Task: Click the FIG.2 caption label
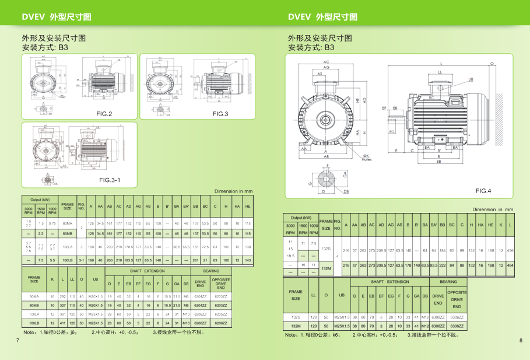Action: tap(104, 113)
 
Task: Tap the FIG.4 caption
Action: tap(483, 191)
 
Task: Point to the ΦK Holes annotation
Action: tap(366, 157)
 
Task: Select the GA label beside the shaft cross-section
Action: tap(345, 174)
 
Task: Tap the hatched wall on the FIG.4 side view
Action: tap(499, 104)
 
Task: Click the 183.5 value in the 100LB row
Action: tap(129, 260)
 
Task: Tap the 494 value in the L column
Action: tap(510, 265)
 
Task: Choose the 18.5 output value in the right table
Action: tap(290, 256)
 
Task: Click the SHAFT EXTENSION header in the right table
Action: tap(391, 281)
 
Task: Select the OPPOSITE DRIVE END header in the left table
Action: tap(220, 284)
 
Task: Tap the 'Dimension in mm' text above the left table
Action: tap(233, 191)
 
